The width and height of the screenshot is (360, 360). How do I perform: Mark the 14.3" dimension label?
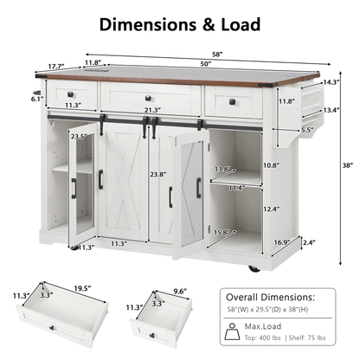[x=331, y=83]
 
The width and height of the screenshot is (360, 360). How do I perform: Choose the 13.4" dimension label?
[x=330, y=110]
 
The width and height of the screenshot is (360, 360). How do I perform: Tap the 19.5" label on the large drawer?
[x=83, y=290]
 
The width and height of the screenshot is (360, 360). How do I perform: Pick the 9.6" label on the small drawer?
[x=182, y=292]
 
